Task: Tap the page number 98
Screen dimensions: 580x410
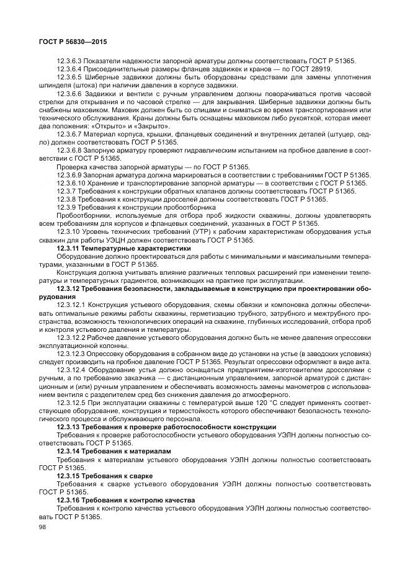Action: (x=43, y=527)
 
